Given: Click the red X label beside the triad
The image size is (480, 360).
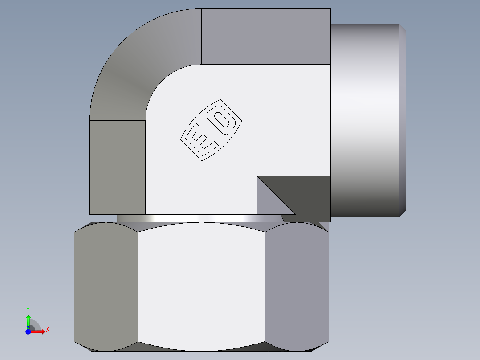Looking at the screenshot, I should point(47,329).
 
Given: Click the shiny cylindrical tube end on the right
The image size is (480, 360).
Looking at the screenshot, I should point(365,120).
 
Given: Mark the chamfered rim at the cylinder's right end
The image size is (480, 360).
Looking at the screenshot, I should point(403,120).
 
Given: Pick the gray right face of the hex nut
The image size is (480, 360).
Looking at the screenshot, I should point(297,285).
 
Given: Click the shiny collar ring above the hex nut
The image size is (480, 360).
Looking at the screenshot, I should point(200,218).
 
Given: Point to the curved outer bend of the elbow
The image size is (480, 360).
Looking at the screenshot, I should point(134,67).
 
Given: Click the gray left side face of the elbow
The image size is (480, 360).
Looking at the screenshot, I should point(118,167).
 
